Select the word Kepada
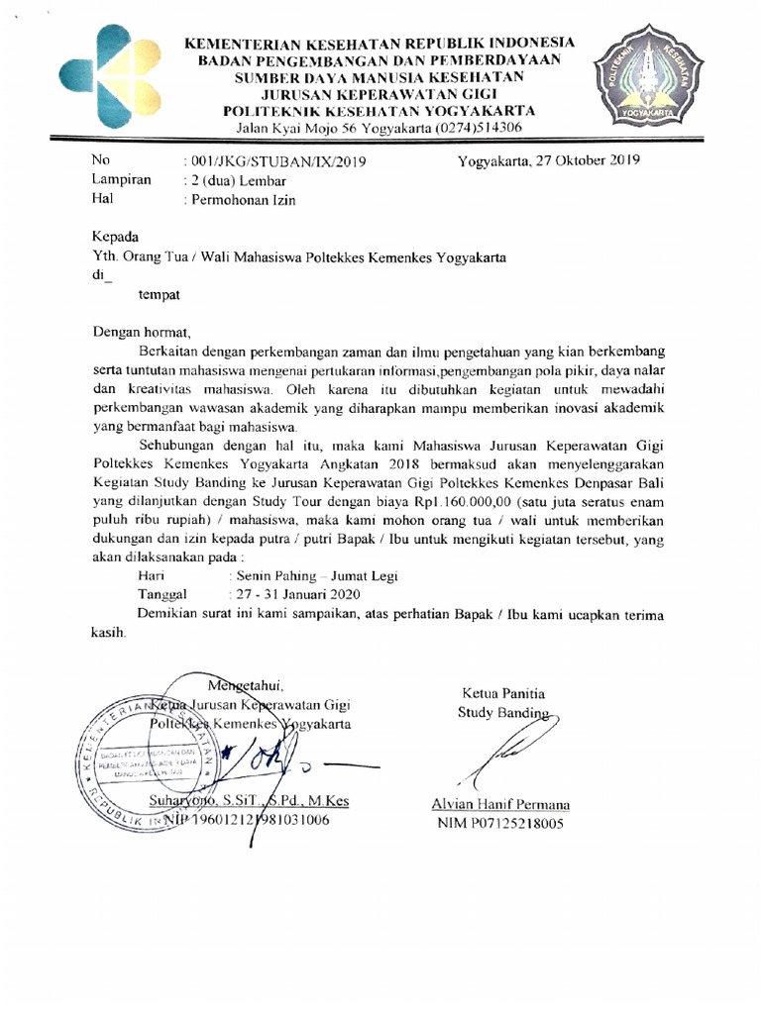pyautogui.click(x=115, y=237)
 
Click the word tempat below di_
pyautogui.click(x=159, y=294)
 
